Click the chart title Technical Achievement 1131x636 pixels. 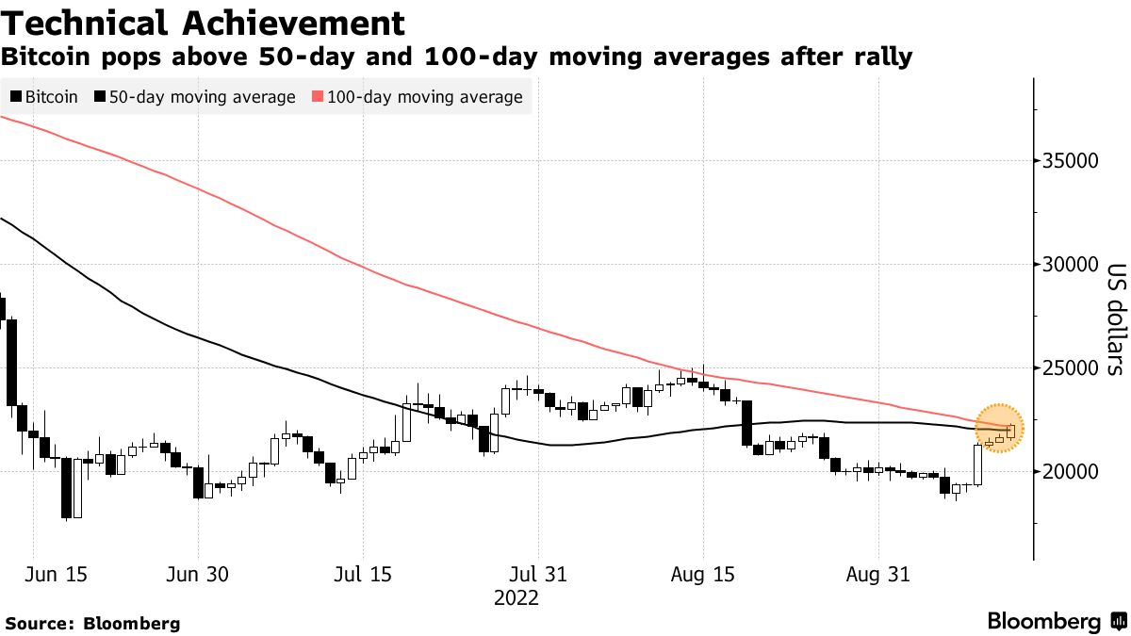[x=203, y=23]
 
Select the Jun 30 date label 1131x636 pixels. [x=198, y=574]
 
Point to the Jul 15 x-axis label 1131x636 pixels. [x=363, y=574]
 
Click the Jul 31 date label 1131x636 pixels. [x=537, y=574]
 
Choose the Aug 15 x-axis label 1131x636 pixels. [x=703, y=574]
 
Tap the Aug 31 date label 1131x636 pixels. [x=878, y=574]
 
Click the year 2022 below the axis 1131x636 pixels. [x=516, y=598]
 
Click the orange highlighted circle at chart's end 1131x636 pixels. [x=999, y=428]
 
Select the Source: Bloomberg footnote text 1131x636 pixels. [x=92, y=623]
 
